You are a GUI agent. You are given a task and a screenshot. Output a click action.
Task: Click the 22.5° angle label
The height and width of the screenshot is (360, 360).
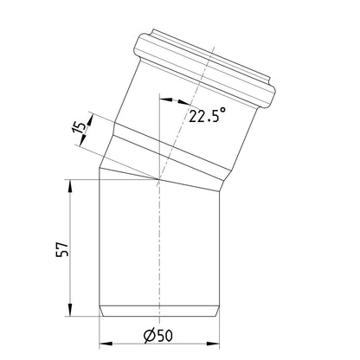[207, 115]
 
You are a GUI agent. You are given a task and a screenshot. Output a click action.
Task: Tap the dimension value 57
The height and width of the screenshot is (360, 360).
[62, 249]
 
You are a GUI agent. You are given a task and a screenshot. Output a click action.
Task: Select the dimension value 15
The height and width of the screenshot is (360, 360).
[80, 126]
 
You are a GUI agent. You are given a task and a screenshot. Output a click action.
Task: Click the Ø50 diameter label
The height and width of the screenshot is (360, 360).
[158, 336]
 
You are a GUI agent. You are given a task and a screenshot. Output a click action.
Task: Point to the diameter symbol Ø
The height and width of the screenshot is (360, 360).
[150, 336]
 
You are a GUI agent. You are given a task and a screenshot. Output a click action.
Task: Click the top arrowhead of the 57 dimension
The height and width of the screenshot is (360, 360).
[70, 185]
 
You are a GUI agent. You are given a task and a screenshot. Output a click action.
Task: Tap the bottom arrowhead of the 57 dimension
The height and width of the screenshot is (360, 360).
[70, 310]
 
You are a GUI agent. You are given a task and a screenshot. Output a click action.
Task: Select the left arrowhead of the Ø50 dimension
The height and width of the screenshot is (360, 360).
[106, 344]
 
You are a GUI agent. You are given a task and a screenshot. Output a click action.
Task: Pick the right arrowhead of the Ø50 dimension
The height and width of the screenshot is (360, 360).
[213, 344]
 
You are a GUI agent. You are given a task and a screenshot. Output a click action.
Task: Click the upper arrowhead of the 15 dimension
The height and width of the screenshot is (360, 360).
[90, 120]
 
